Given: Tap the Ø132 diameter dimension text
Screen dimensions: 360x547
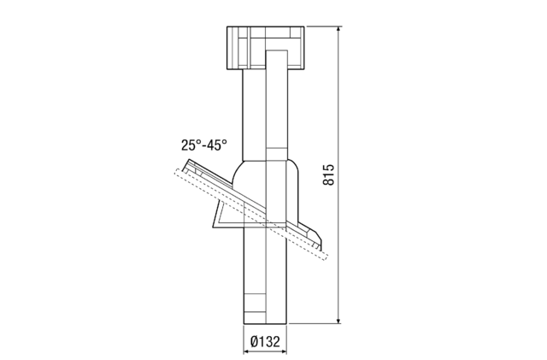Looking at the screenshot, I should coord(266,342).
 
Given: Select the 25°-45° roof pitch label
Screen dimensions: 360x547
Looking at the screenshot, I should coord(203,145).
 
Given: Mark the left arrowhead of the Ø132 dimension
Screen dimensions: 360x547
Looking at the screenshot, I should coord(247,329).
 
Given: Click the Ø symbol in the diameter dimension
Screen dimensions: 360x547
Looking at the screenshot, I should coord(255,342).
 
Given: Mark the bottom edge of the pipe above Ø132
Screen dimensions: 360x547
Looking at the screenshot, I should coord(266,322).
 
